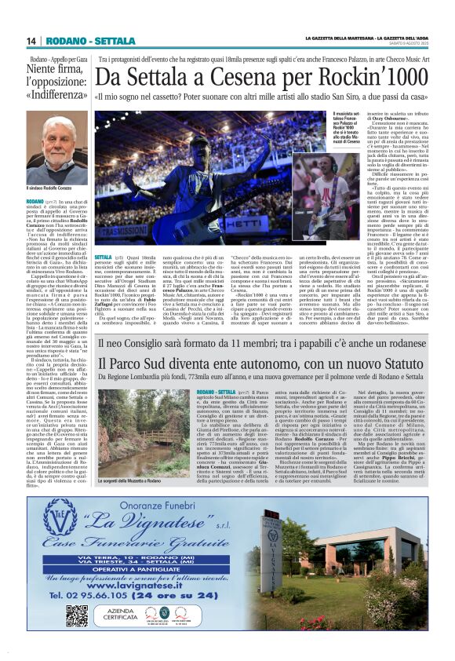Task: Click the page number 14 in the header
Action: tap(31, 41)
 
